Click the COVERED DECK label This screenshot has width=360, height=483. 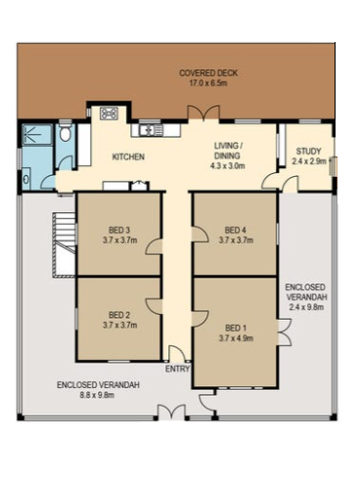coord(208,73)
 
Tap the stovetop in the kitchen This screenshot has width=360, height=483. coord(110,113)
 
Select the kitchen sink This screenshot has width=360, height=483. coord(151,130)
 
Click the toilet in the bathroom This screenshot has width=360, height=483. coord(66,132)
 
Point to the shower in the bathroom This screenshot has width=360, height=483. coord(37,134)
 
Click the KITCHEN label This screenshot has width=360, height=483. coord(128,156)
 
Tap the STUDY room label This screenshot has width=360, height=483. coord(308,152)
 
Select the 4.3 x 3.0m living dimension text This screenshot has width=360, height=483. coord(228,166)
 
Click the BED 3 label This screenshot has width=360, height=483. coord(119,230)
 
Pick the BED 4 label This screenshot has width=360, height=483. coord(235,230)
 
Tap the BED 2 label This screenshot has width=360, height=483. coord(119,315)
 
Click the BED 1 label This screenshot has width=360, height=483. coord(236,328)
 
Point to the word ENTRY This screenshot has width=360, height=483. coord(177,369)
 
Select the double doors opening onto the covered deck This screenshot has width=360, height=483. coord(203,113)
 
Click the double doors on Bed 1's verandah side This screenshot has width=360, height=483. coord(285,332)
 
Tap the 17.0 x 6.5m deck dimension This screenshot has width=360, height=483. coord(208,83)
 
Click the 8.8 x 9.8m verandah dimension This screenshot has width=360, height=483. coord(97,395)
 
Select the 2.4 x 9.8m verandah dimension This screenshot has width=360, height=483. coord(306,307)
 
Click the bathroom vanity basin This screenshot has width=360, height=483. coord(26,179)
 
